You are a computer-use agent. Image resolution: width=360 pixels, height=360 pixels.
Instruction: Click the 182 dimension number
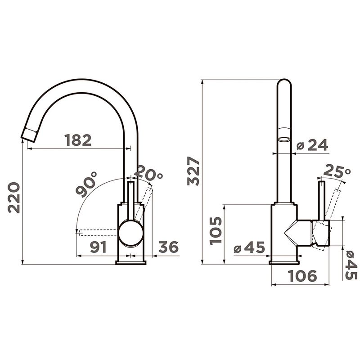(x=78, y=140)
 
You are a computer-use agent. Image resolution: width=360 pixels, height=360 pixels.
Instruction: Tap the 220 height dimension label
(x=14, y=198)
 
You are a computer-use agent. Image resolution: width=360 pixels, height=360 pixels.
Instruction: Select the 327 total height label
(x=193, y=171)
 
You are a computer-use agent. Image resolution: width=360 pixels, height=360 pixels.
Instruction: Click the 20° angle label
(x=148, y=173)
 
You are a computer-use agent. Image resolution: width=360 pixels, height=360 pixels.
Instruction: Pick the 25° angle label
(x=337, y=171)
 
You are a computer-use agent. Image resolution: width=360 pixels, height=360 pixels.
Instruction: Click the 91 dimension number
(x=98, y=247)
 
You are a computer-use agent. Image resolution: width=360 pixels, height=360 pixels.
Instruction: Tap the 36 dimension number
(x=168, y=247)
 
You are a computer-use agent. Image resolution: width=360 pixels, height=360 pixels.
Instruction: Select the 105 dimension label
(x=216, y=231)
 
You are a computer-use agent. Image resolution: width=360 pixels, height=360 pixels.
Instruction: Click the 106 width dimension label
(x=302, y=275)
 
